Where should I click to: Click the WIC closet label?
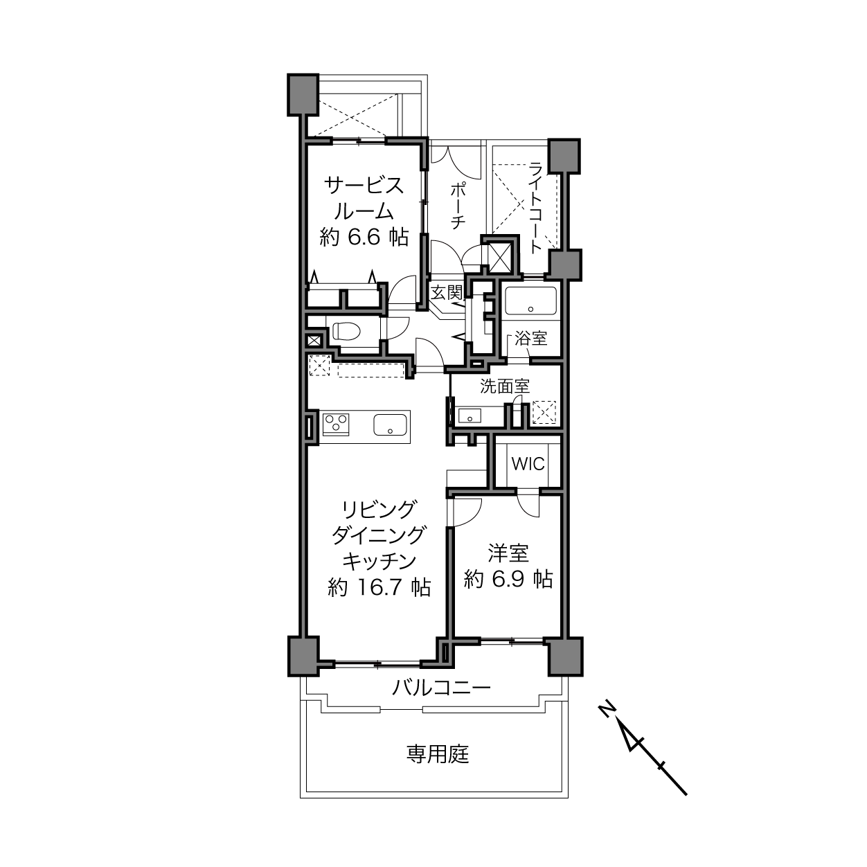(528, 463)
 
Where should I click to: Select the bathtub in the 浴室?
(530, 301)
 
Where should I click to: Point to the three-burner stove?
(337, 423)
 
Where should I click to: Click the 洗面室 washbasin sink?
(470, 415)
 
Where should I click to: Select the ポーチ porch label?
(458, 204)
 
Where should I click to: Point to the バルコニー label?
(441, 688)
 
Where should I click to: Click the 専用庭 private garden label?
(438, 754)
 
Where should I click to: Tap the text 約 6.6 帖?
(364, 238)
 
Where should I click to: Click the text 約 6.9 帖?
(508, 578)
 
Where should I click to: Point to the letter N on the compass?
(607, 708)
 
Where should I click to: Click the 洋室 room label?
(509, 553)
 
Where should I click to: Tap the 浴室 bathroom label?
(531, 338)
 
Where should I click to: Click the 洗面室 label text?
(505, 386)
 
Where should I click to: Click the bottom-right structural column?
(565, 656)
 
